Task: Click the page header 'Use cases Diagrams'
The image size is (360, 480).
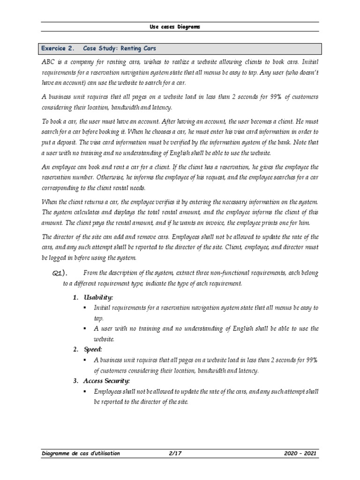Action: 174,27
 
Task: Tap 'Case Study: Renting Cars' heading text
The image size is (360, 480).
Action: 120,48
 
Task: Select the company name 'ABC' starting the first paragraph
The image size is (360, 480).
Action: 48,61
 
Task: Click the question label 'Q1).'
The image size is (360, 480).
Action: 60,274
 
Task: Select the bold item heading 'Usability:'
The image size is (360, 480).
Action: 98,298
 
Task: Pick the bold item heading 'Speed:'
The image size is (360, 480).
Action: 93,349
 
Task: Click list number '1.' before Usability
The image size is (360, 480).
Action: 75,298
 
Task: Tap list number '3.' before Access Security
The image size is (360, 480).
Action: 75,381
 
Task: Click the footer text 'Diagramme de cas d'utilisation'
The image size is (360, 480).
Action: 80,453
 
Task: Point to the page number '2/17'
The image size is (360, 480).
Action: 175,453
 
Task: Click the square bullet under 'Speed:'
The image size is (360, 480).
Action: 85,360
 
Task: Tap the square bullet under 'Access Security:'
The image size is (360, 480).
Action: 85,391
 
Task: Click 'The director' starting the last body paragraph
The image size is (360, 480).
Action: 59,237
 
